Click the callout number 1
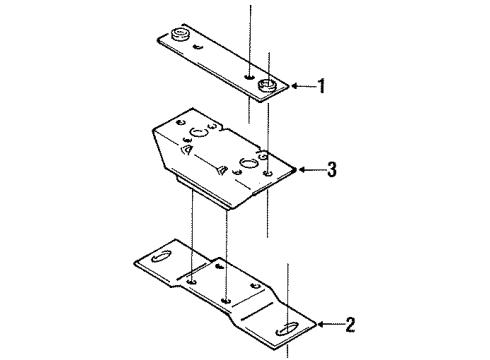322,87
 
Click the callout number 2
350,322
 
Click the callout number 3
331,171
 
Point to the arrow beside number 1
302,87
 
